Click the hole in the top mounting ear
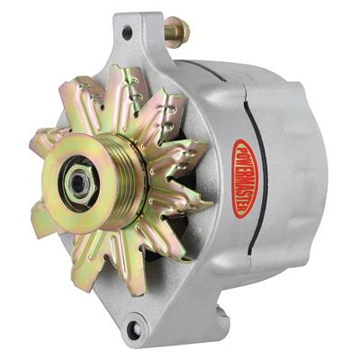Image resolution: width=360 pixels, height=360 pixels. tap(126, 32)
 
